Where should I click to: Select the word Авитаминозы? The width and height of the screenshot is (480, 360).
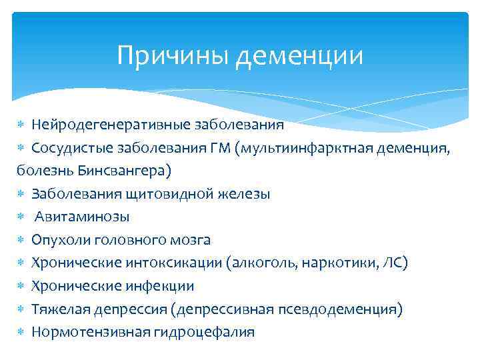point(83,217)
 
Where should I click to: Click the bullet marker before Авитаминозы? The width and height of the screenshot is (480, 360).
point(21,217)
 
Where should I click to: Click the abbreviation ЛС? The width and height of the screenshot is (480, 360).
point(393,263)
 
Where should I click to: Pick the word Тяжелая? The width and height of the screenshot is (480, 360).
point(59,309)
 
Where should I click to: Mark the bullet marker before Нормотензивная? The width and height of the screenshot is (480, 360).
point(21,333)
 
